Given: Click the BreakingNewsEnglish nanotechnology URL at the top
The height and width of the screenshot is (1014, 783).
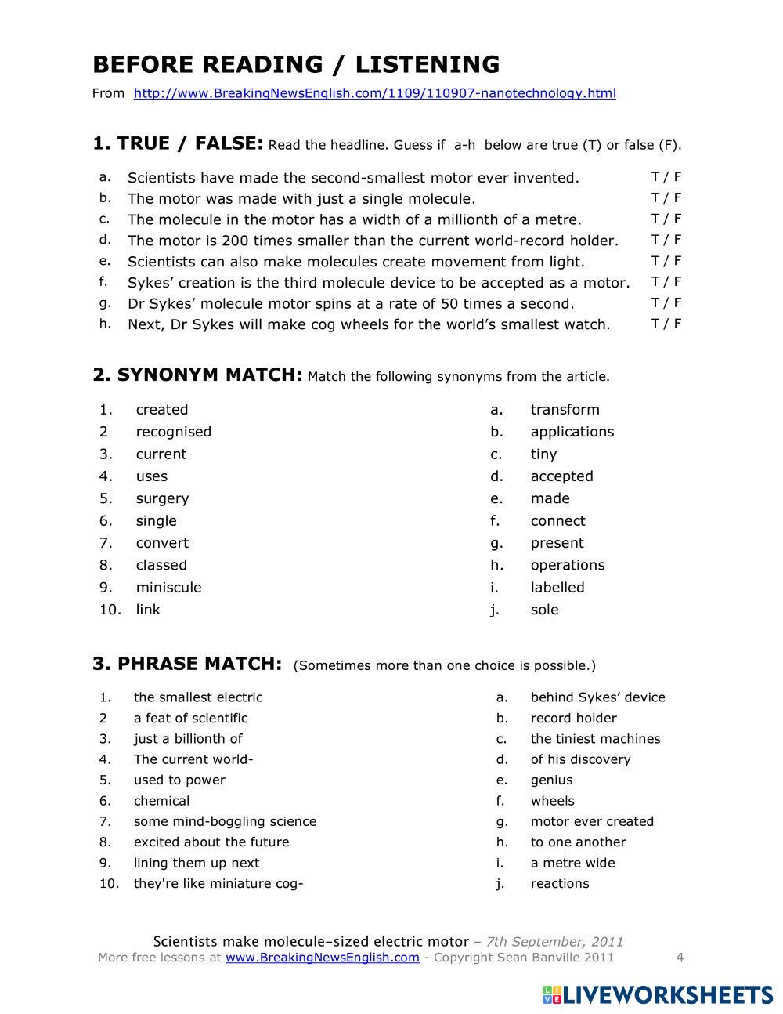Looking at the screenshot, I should coord(374,93).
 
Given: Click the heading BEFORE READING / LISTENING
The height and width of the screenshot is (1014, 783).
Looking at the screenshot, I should coord(296,64).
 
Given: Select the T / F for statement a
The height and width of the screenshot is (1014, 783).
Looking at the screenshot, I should coord(666,177).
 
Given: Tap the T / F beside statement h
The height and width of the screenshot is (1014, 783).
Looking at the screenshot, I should coord(666,323).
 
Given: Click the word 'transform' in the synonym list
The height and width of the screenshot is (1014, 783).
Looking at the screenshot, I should coord(565,410).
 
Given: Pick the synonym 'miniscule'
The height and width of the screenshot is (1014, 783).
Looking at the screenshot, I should coord(168,587).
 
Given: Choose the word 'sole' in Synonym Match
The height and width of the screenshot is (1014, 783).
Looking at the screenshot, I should coord(544,610).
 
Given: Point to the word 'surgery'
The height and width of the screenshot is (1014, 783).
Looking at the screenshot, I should coord(162,498).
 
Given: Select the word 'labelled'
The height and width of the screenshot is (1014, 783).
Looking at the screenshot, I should coord(557,587).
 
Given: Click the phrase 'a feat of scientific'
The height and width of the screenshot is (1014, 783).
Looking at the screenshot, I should coord(190,718).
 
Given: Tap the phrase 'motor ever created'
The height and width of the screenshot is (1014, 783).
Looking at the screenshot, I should coord(592,821).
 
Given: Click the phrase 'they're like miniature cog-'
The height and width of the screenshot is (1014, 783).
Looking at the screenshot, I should coord(218,883).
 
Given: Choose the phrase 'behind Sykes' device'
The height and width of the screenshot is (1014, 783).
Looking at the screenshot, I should coord(597,697).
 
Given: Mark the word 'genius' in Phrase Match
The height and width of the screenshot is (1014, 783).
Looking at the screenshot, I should coord(551,780).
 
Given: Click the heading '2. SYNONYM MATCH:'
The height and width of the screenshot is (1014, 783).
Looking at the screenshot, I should coord(197,375).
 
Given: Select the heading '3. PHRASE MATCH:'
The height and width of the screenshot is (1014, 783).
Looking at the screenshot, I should coord(187,664).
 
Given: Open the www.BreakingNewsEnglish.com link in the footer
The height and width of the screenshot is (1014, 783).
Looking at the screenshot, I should coord(323,957).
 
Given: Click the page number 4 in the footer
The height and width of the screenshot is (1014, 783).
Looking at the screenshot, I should coord(680,957).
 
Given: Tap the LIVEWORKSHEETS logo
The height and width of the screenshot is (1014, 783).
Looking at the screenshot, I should coord(658,995).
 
